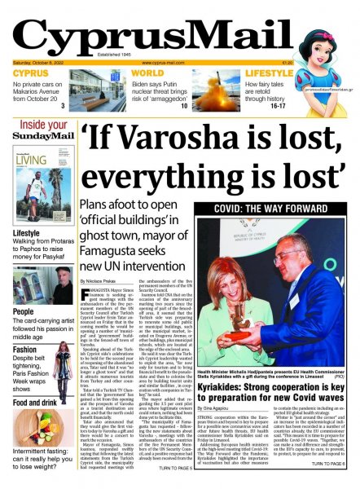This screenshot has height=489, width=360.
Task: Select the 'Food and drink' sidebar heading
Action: tap(34, 403)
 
